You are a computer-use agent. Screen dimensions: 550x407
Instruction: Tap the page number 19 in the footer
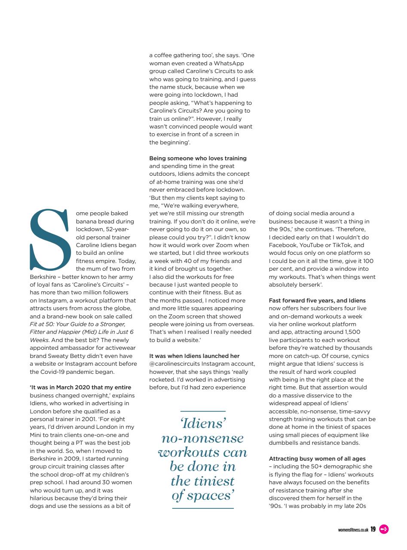click(x=373, y=529)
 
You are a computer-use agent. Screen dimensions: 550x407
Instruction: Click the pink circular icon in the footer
click(x=384, y=529)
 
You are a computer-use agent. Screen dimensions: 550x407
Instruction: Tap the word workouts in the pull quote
click(x=202, y=452)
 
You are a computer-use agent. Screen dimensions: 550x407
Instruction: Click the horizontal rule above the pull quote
click(x=203, y=411)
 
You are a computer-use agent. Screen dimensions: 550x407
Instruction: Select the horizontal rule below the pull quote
click(x=203, y=508)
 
